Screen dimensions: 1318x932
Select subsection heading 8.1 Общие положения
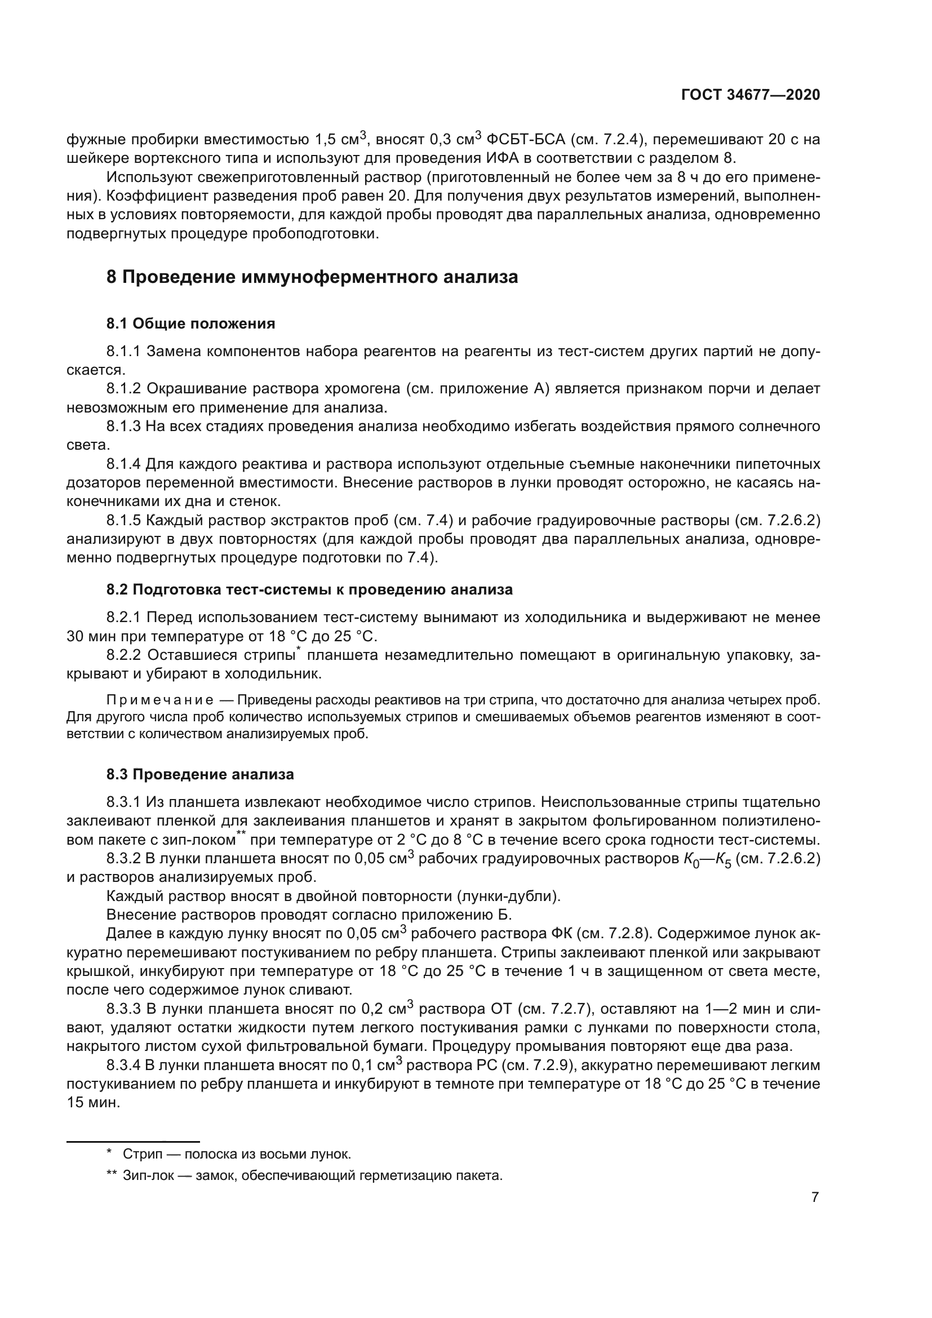pyautogui.click(x=190, y=324)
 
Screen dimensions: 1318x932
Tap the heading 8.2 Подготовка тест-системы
pyautogui.click(x=309, y=589)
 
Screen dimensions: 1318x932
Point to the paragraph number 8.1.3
pyautogui.click(x=123, y=426)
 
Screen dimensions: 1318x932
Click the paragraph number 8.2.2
pyautogui.click(x=123, y=654)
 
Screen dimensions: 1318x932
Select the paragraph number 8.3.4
pyautogui.click(x=123, y=1066)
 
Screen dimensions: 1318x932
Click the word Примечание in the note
pyautogui.click(x=160, y=700)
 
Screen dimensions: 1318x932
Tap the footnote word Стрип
pyautogui.click(x=139, y=1154)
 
